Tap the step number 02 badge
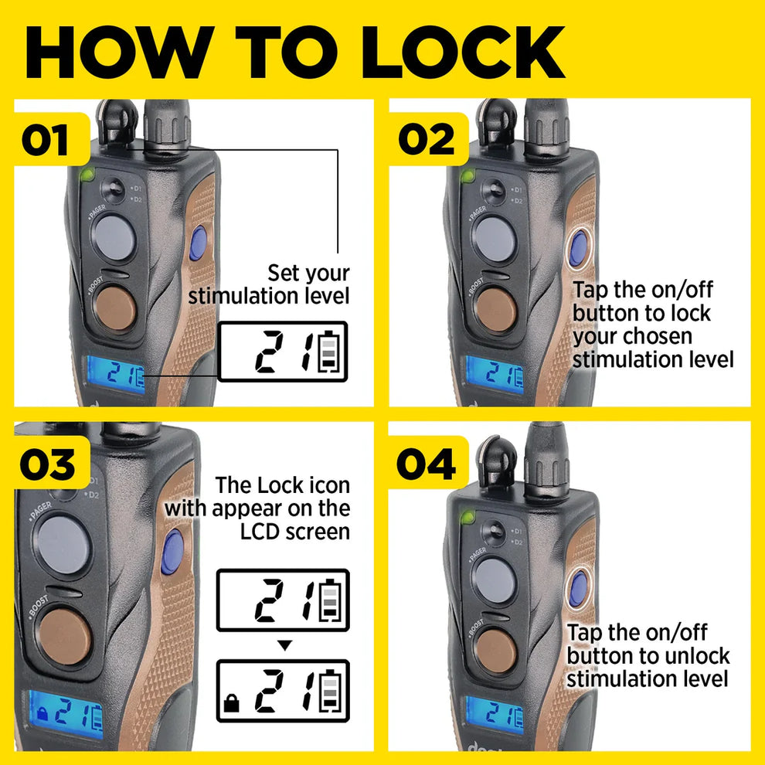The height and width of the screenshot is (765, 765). tap(427, 141)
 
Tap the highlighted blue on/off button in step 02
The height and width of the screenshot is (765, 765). tap(578, 250)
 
